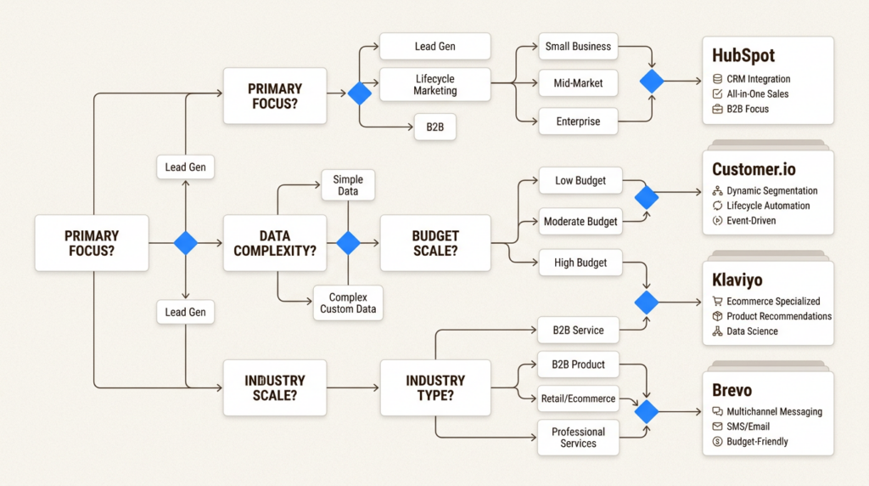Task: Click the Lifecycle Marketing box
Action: point(434,84)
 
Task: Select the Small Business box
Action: point(578,47)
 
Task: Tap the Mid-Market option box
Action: point(578,83)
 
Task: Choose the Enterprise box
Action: point(578,121)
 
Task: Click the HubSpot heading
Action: point(743,55)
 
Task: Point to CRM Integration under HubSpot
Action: point(759,79)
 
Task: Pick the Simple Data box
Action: point(347,185)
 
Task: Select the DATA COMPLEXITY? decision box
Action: point(274,243)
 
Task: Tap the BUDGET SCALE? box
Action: point(434,243)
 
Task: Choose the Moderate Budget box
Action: point(580,222)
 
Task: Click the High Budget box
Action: point(580,263)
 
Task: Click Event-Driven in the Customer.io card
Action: point(751,221)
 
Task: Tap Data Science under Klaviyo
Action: point(752,331)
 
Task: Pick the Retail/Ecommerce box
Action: point(578,398)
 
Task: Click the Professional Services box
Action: point(578,438)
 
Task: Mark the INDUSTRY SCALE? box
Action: point(274,387)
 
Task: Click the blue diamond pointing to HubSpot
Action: point(652,82)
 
